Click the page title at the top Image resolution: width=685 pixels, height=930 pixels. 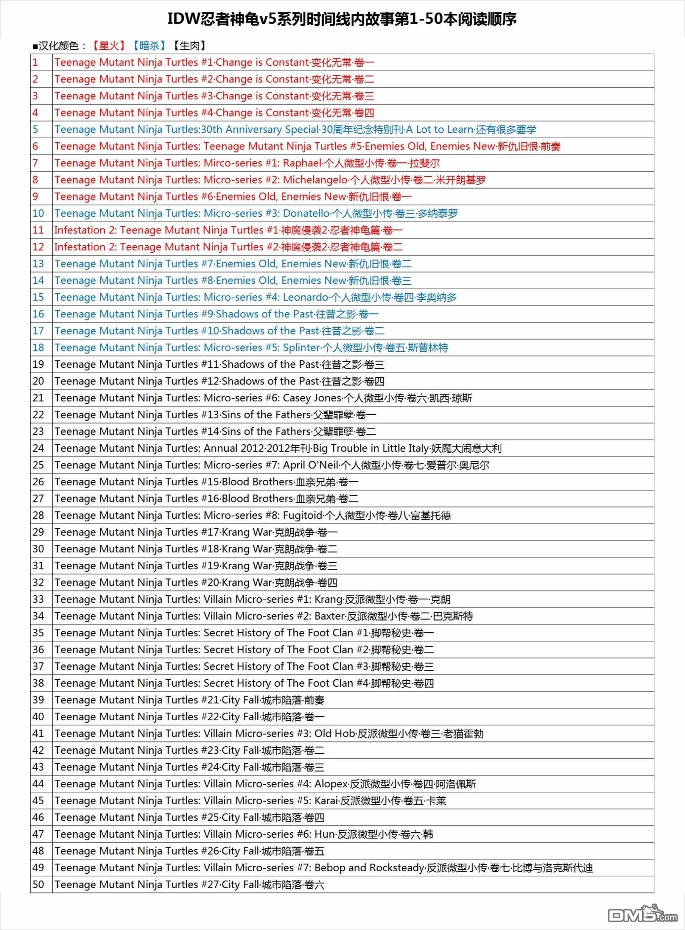tap(342, 19)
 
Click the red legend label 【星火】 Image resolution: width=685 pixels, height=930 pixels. tap(109, 46)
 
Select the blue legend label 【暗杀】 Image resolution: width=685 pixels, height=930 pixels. tap(149, 46)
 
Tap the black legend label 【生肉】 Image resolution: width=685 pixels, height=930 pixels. tap(189, 46)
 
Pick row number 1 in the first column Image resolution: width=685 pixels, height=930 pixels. tap(36, 63)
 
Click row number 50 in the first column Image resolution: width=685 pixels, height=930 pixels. tap(39, 885)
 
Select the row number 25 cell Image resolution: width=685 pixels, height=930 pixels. tap(39, 465)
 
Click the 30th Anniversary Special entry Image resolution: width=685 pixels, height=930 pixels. tap(295, 129)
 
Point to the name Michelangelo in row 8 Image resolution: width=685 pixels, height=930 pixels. tap(315, 180)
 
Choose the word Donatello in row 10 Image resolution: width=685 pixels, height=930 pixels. tap(306, 213)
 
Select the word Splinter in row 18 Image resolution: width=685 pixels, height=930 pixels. tap(301, 348)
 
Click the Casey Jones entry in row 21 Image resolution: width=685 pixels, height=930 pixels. tap(312, 398)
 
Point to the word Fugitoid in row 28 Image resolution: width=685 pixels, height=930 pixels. tap(302, 515)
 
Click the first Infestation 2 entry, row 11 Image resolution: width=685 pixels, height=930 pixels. tap(228, 230)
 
